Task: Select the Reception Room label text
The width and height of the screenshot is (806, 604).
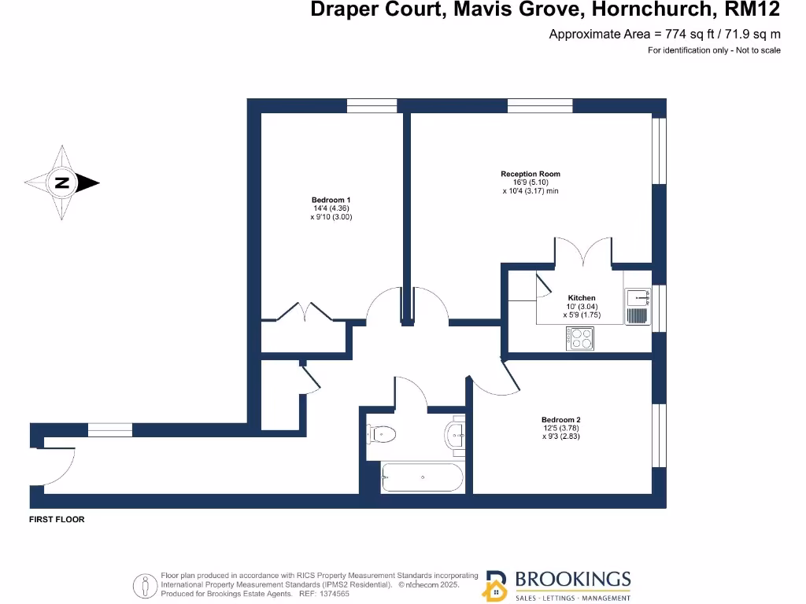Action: [531, 174]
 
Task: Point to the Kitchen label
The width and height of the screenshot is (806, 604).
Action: [582, 298]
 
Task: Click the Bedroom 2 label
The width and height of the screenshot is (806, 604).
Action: [560, 419]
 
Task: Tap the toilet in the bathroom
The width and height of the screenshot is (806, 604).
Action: [381, 433]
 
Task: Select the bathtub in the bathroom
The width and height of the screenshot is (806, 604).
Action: [421, 477]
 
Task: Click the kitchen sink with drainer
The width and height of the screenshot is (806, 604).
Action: [638, 306]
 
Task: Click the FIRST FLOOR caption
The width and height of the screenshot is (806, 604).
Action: [57, 520]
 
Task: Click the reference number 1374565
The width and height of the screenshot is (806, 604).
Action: [331, 595]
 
